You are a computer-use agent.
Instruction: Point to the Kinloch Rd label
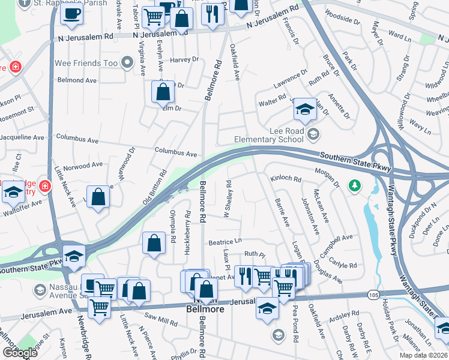coord(285,178)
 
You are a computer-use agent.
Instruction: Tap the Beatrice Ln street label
coord(224,241)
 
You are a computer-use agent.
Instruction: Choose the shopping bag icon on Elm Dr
coord(163,92)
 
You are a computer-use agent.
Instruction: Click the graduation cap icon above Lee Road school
coord(305,110)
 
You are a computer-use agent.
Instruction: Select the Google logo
coord(20,353)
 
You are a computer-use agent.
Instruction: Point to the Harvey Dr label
coord(184,59)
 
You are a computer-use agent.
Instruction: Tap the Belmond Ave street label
coord(77,80)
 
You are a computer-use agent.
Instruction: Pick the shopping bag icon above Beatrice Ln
coord(154,243)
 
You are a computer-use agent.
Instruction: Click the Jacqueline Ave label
coord(22,137)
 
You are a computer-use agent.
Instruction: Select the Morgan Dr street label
coord(329,173)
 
